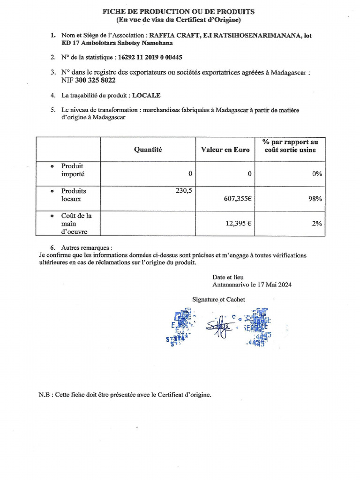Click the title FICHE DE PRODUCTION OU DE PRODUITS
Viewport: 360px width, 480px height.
(x=179, y=12)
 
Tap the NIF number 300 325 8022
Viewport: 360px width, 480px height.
(x=95, y=80)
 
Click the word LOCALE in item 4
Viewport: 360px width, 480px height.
(x=146, y=95)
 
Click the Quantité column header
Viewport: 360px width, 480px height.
(x=148, y=150)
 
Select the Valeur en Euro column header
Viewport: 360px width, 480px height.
(x=225, y=150)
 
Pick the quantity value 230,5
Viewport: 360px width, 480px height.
(x=182, y=190)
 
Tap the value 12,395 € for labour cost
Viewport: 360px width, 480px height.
(x=239, y=224)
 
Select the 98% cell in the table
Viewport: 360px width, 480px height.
(x=315, y=199)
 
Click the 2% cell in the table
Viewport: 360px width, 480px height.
(x=317, y=224)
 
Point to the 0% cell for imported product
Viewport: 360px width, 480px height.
(x=317, y=173)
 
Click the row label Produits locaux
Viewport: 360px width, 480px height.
(x=74, y=195)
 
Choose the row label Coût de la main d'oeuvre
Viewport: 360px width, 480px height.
(x=76, y=224)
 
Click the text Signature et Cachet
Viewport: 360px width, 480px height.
(x=218, y=299)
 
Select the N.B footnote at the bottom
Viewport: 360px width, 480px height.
(x=125, y=395)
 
